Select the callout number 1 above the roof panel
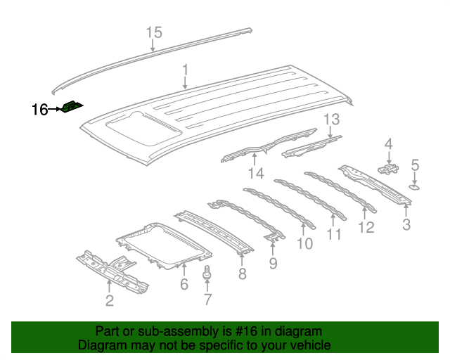(x=185, y=70)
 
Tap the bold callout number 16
(x=39, y=110)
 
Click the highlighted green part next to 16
(x=71, y=107)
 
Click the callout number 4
(x=387, y=144)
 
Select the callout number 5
(x=415, y=165)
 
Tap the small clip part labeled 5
(x=414, y=187)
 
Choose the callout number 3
(x=406, y=225)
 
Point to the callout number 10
(x=304, y=244)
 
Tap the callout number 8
(x=242, y=274)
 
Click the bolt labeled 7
(x=207, y=273)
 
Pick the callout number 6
(x=184, y=284)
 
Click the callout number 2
(x=109, y=302)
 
